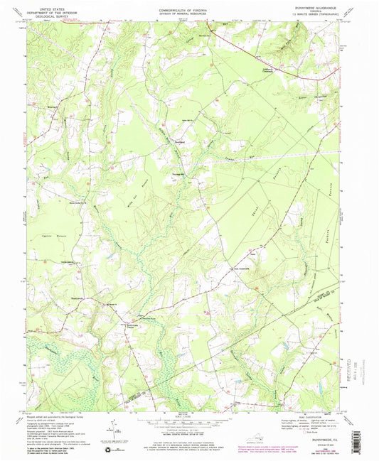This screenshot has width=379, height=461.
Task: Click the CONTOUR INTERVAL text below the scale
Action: [189, 430]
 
